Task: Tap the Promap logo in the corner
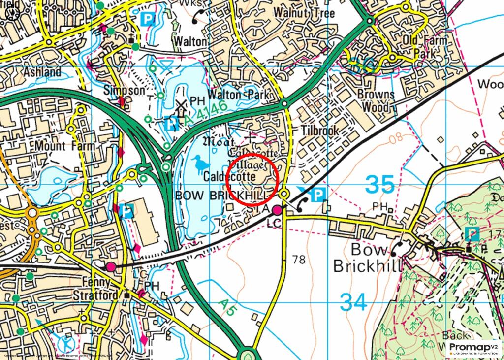473,349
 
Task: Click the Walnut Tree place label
304,12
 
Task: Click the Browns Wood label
376,100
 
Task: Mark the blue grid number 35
380,185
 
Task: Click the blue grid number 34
353,301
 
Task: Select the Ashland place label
42,72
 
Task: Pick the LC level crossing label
273,223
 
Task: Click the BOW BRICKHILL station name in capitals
224,196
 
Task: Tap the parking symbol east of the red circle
318,195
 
